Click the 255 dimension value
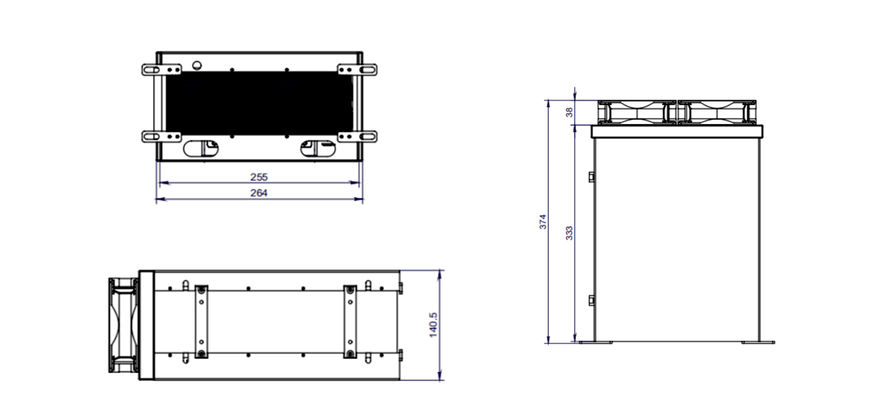259,177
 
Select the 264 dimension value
259,193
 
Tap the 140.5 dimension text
433,325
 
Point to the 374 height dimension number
543,221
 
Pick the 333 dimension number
569,233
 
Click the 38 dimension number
569,112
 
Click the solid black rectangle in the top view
259,103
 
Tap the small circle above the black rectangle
196,65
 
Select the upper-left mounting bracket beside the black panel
161,70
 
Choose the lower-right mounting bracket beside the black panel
357,136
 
